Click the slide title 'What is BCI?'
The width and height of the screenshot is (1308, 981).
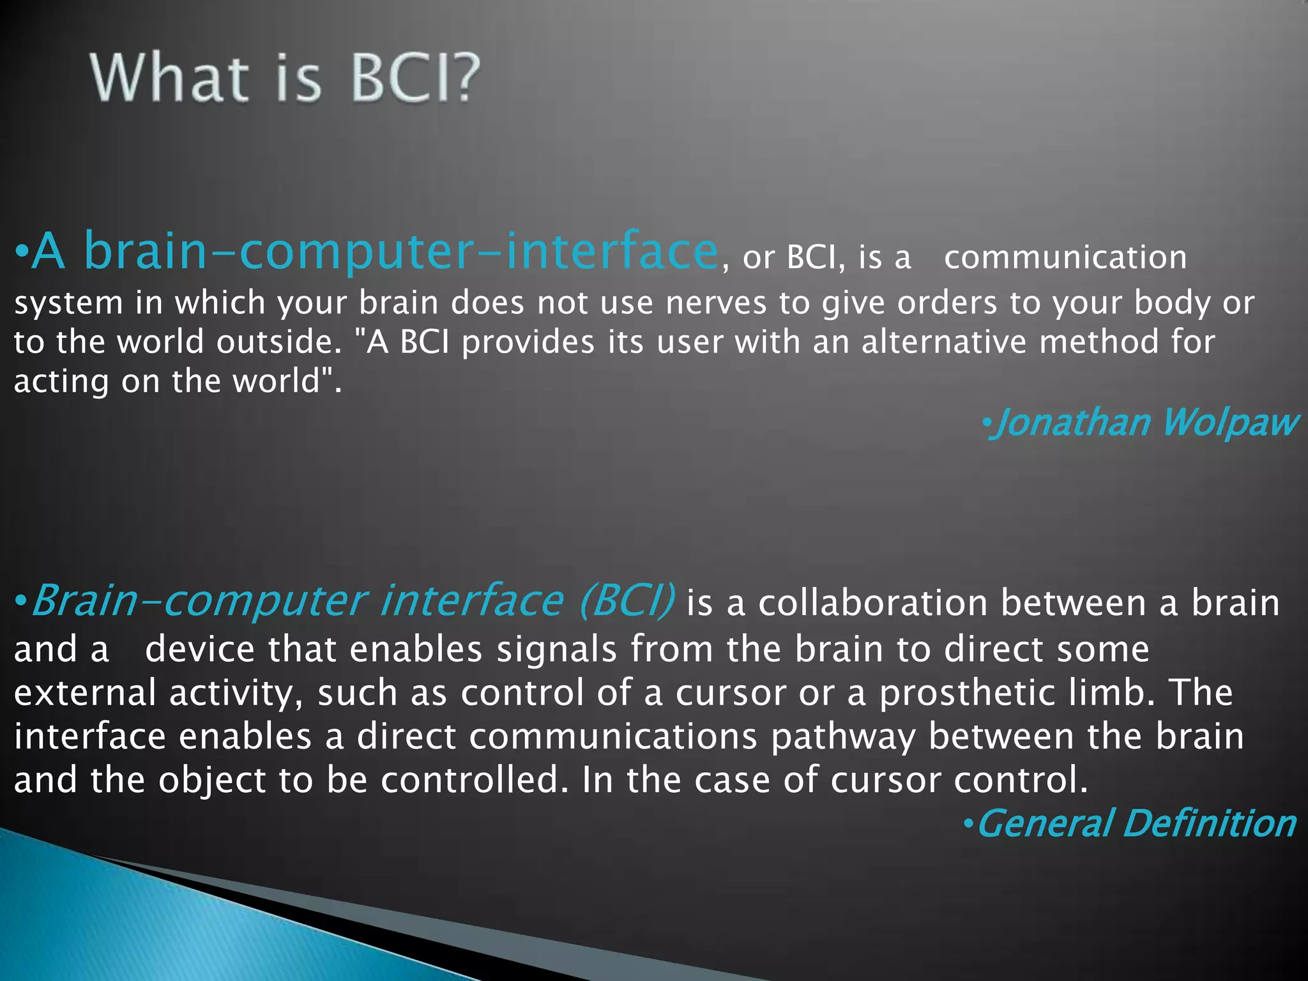285,78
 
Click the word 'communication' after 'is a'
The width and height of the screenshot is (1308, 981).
1065,257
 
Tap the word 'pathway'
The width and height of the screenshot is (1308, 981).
843,737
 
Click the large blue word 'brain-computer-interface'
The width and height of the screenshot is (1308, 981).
401,252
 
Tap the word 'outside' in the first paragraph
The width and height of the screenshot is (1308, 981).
275,342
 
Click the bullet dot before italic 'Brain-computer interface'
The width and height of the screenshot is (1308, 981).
20,601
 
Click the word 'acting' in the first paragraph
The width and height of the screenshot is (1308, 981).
61,381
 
